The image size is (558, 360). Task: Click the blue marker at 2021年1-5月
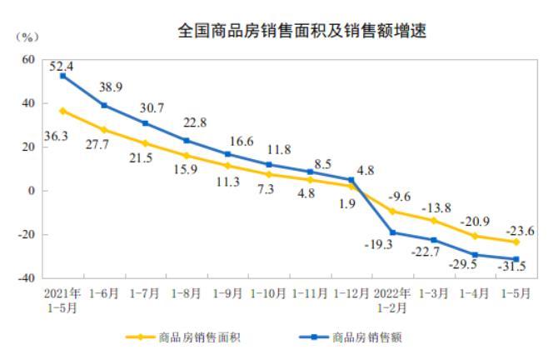[x=63, y=76]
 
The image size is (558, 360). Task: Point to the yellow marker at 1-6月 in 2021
[x=104, y=130]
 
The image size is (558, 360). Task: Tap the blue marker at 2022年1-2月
[x=392, y=232]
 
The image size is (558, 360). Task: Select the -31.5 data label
[x=524, y=266]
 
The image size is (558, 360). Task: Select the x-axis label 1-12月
[x=351, y=293]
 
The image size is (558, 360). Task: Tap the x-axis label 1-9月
[x=227, y=293]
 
